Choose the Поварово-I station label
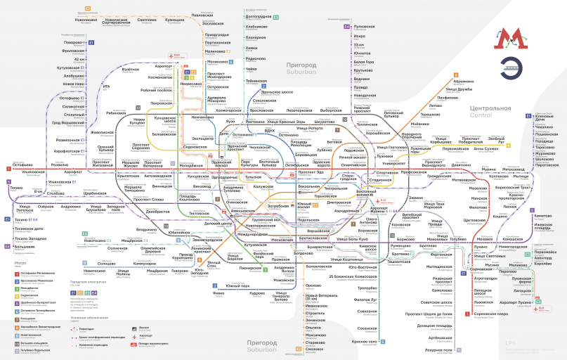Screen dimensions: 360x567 [x=74, y=43]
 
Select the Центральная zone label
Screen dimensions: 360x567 [x=489, y=108]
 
